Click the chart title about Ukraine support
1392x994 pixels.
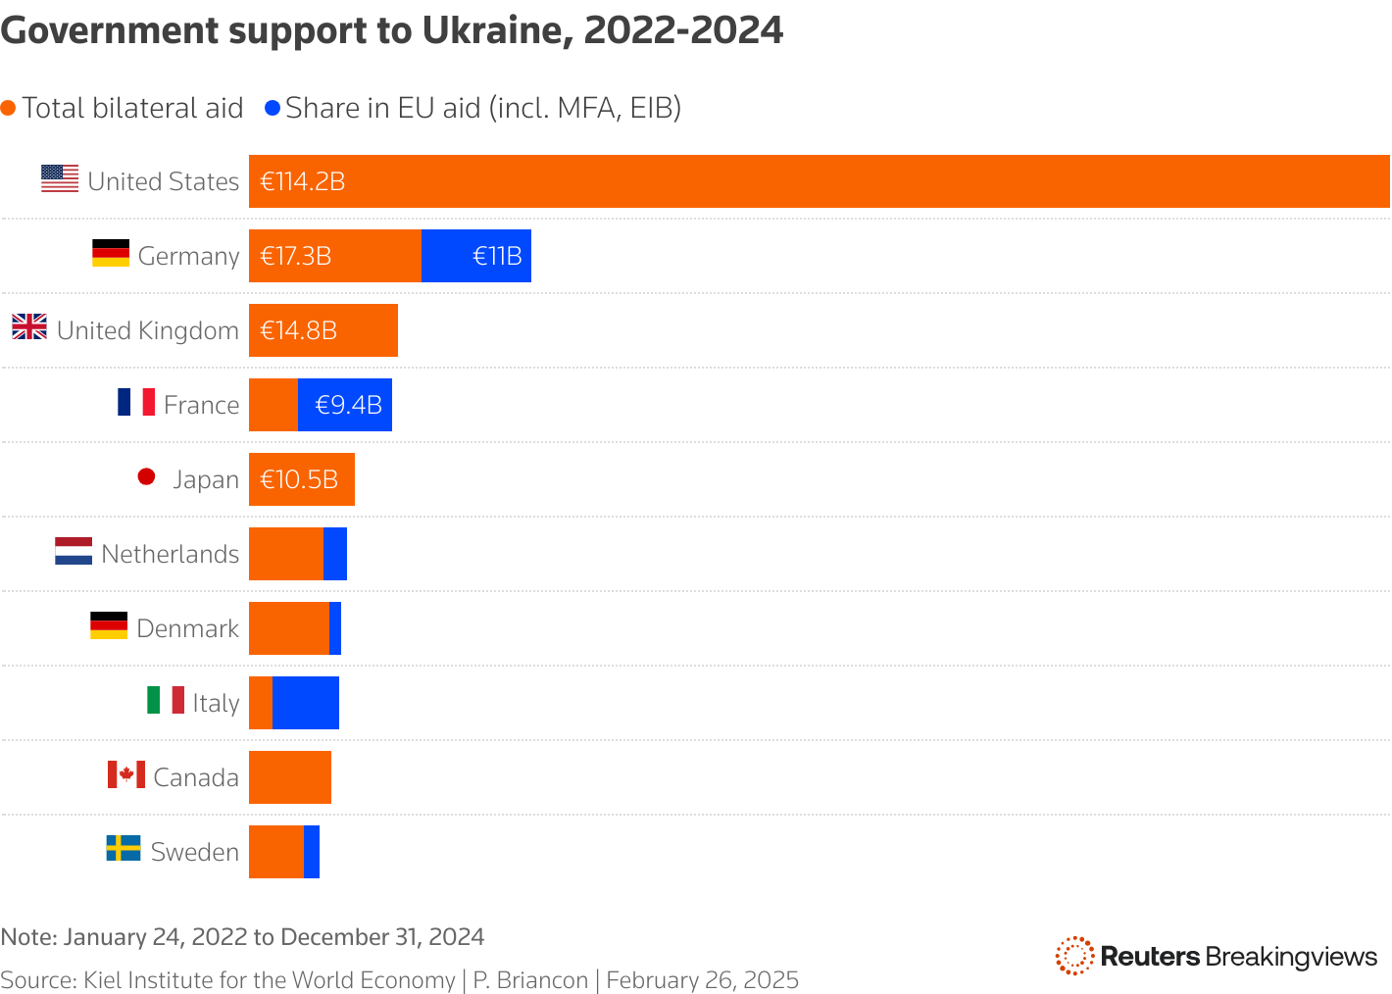pyautogui.click(x=392, y=31)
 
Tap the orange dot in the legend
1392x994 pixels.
pyautogui.click(x=9, y=108)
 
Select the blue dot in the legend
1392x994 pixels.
pyautogui.click(x=273, y=108)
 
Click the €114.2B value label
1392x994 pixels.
pyautogui.click(x=303, y=182)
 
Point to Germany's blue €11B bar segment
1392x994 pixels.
pyautogui.click(x=476, y=256)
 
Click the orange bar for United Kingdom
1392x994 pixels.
pyautogui.click(x=323, y=330)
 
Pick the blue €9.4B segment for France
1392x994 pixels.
pyautogui.click(x=345, y=405)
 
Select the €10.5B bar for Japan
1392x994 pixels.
pyautogui.click(x=302, y=479)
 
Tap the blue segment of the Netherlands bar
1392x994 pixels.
pyautogui.click(x=335, y=554)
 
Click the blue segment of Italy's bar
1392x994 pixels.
pyautogui.click(x=306, y=703)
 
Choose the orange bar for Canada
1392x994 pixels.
pyautogui.click(x=290, y=777)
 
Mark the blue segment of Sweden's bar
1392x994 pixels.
pyautogui.click(x=312, y=852)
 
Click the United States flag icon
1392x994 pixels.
pyautogui.click(x=60, y=178)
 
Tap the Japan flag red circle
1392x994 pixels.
pyautogui.click(x=147, y=477)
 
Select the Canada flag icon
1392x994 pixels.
pyautogui.click(x=126, y=774)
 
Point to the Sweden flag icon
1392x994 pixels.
pyautogui.click(x=124, y=848)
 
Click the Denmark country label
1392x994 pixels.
pyautogui.click(x=187, y=628)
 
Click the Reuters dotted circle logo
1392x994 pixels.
pyautogui.click(x=1074, y=956)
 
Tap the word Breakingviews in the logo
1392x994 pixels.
pyautogui.click(x=1291, y=957)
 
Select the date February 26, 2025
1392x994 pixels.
pyautogui.click(x=702, y=980)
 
